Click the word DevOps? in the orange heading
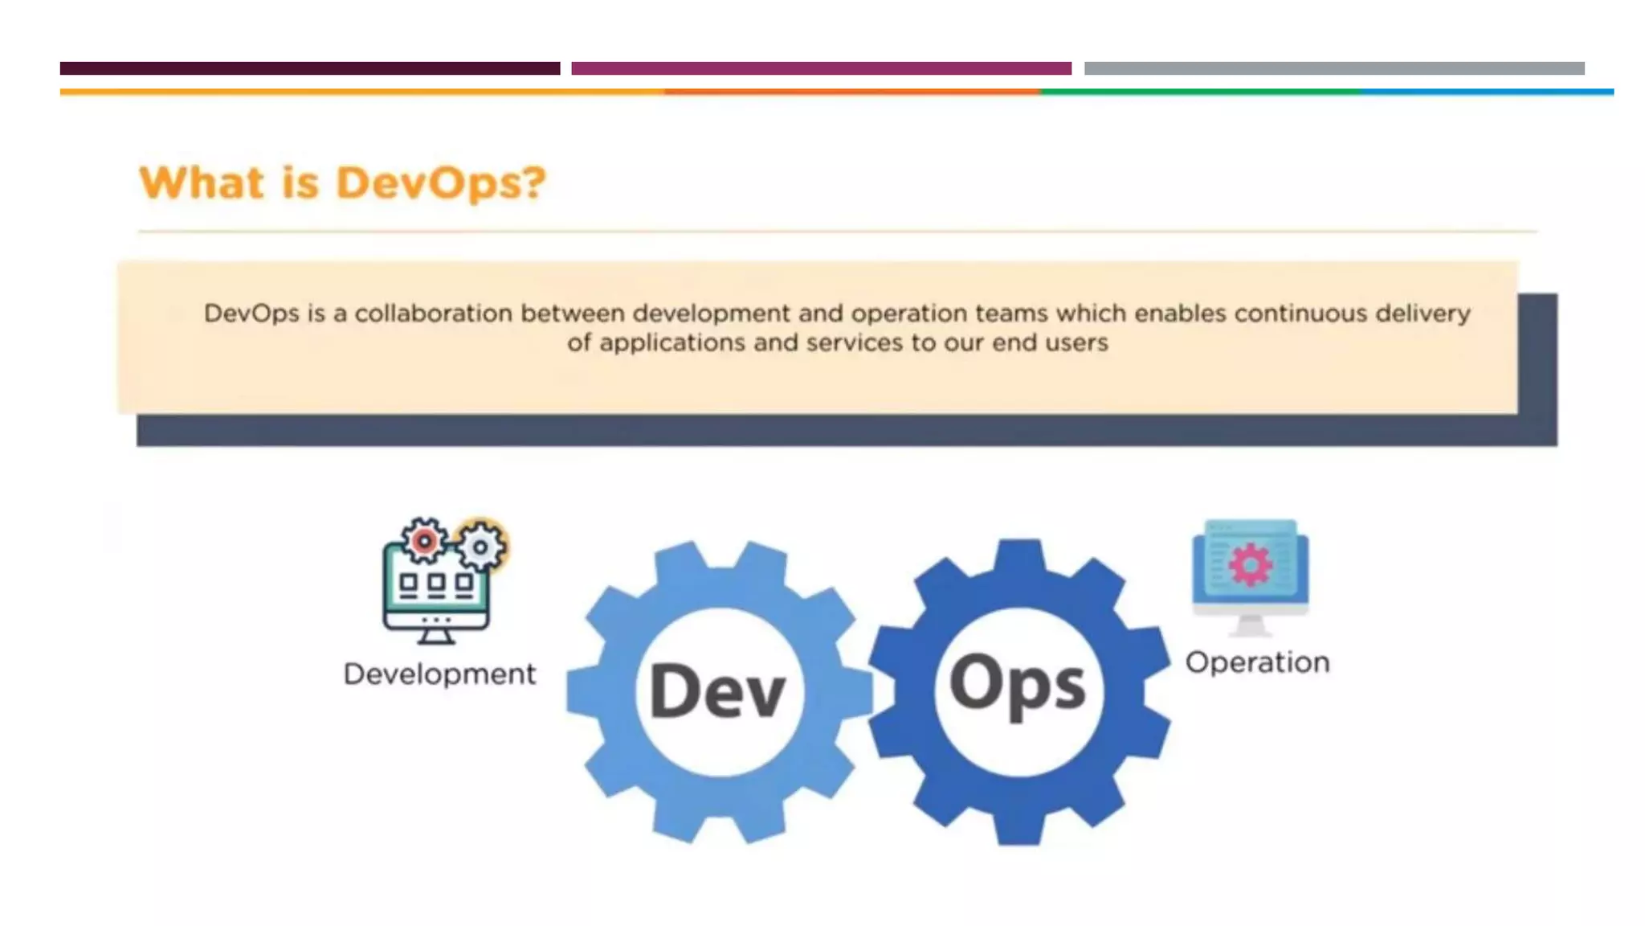pos(441,183)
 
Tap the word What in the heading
pos(202,183)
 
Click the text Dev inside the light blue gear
pos(717,690)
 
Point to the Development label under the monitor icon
pos(439,674)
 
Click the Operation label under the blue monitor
pos(1257,662)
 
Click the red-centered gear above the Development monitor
pos(424,541)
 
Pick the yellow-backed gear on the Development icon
pos(481,547)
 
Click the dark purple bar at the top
pos(309,68)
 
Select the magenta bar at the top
pos(821,68)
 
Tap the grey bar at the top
pos(1333,68)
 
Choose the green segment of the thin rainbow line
pos(1200,92)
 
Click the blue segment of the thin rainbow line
pos(1486,92)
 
